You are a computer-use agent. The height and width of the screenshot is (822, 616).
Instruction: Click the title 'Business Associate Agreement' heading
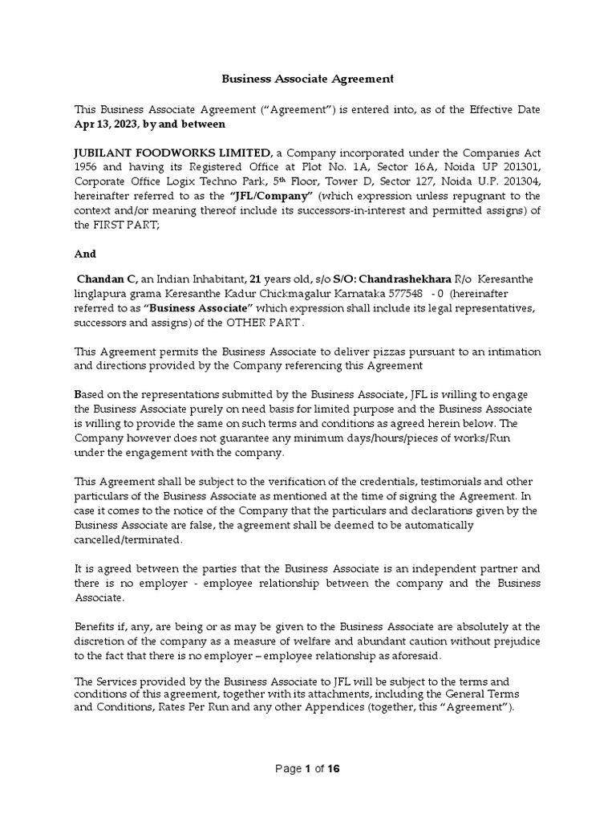click(x=307, y=79)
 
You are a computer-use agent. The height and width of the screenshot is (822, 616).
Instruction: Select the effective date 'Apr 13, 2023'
click(x=106, y=124)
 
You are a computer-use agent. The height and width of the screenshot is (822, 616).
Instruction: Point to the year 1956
click(x=88, y=167)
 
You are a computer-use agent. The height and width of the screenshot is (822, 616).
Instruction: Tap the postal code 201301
click(x=523, y=167)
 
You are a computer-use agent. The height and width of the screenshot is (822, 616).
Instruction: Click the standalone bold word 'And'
click(x=85, y=254)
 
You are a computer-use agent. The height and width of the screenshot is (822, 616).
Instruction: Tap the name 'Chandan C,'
click(x=107, y=279)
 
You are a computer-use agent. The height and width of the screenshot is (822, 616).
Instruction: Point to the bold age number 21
click(x=256, y=279)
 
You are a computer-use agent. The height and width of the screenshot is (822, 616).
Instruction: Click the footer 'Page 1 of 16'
click(x=307, y=768)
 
